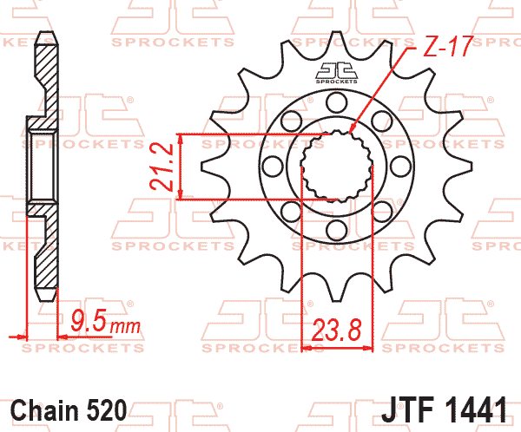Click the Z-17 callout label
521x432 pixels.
447,46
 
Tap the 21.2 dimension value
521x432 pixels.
162,167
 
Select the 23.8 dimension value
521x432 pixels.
336,331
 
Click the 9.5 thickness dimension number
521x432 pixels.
89,320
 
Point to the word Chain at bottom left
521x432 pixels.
44,410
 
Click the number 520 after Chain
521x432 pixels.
107,410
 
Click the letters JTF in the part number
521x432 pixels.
408,410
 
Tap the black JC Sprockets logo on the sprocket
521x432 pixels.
336,73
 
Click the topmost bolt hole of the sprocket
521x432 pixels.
336,103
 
